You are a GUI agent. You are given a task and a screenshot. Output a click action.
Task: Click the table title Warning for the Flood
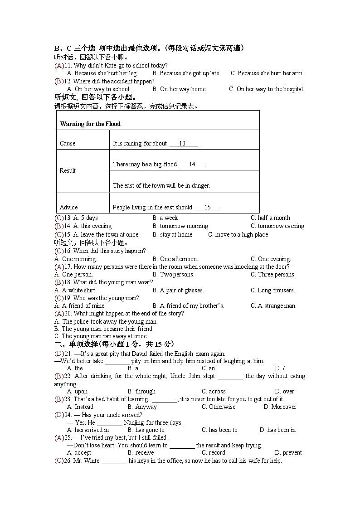point(90,124)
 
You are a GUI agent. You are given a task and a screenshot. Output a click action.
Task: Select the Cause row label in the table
point(68,143)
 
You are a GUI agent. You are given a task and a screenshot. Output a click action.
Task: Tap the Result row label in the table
point(68,170)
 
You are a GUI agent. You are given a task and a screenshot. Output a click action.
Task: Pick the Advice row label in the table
point(68,207)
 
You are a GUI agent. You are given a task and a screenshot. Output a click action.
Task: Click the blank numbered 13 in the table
point(183,143)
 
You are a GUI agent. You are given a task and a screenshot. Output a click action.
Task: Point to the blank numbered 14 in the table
point(192,164)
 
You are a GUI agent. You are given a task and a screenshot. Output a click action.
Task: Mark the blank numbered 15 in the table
point(208,207)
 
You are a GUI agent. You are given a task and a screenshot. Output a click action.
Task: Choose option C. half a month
point(270,218)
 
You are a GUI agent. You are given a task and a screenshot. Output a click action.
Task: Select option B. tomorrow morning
point(180,226)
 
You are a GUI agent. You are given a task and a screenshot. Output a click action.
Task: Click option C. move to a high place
point(238,234)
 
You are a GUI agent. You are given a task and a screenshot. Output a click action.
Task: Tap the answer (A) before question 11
point(59,65)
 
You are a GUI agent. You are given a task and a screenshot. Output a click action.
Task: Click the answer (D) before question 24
point(59,414)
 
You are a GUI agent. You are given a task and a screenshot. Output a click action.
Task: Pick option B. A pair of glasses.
point(178,290)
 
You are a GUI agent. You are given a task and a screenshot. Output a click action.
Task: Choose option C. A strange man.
point(273,305)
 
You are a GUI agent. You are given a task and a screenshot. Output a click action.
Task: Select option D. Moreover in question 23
point(280,407)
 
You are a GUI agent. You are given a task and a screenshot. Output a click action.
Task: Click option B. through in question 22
point(141,391)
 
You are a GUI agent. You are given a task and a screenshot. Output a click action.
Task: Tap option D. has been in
point(277,430)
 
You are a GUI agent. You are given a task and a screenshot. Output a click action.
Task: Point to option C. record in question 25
point(214,452)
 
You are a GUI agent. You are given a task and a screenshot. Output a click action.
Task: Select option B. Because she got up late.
point(186,73)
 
